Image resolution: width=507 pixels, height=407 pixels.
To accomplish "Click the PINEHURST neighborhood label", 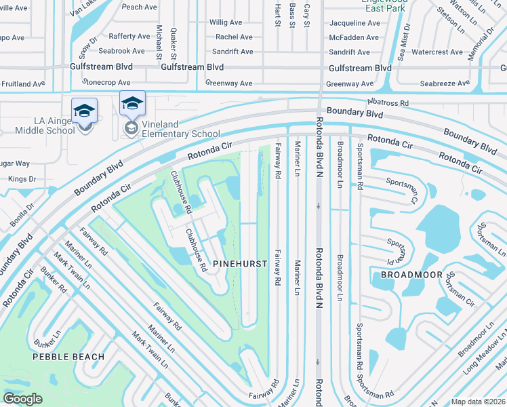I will click(x=238, y=263).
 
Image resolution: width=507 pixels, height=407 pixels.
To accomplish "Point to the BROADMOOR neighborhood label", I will click(x=411, y=275).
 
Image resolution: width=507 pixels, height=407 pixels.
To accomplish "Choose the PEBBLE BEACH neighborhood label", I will click(x=69, y=356).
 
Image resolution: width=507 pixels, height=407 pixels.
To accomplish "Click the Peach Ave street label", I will click(x=140, y=7).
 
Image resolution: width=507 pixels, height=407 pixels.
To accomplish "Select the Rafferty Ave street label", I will click(x=129, y=37).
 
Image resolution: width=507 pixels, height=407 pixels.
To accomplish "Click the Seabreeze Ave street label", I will click(x=444, y=83).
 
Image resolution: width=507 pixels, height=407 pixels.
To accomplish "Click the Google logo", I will click(x=23, y=399).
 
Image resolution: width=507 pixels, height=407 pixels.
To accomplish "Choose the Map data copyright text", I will click(x=477, y=402).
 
